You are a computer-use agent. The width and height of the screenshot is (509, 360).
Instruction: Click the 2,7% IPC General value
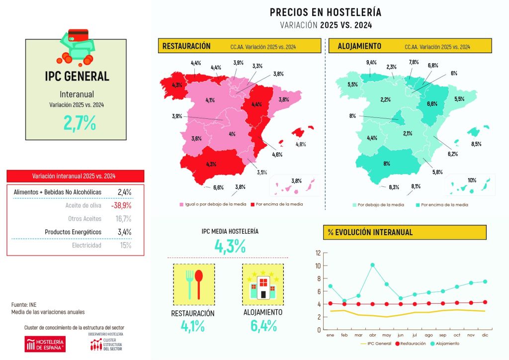click(x=79, y=122)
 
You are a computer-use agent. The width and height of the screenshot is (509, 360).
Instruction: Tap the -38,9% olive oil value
click(x=121, y=205)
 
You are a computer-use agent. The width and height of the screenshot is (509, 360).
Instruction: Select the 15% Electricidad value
click(x=125, y=245)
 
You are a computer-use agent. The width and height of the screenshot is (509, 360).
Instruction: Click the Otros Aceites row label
click(x=85, y=218)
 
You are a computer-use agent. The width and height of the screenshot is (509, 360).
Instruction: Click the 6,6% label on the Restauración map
click(x=218, y=187)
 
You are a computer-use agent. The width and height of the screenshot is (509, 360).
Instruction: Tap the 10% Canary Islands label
click(x=472, y=180)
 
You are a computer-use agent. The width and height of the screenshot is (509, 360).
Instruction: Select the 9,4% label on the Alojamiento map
click(x=371, y=63)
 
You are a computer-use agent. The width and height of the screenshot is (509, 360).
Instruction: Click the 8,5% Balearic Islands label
click(x=476, y=144)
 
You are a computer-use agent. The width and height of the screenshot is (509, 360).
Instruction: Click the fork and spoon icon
click(x=193, y=284)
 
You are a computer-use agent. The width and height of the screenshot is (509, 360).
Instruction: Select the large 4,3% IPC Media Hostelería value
click(x=230, y=246)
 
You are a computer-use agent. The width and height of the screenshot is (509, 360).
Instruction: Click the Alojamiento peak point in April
click(x=372, y=265)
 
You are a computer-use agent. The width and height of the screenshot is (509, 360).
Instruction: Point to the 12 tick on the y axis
click(x=318, y=253)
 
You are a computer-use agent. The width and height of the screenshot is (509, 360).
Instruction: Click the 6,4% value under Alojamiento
click(x=262, y=326)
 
